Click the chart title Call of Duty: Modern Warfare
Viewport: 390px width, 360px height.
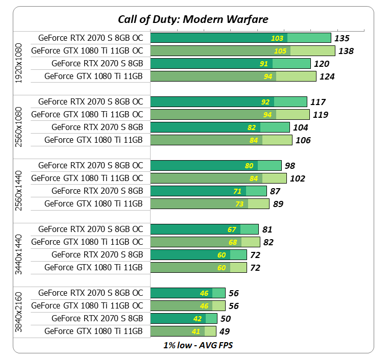coord(193,19)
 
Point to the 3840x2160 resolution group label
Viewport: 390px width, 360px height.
coord(19,312)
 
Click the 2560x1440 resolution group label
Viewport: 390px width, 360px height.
coord(19,185)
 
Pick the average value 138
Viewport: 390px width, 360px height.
coord(346,51)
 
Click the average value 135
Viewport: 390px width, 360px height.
coord(342,38)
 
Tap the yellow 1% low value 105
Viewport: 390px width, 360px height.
coord(280,51)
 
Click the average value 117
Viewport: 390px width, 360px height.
coord(318,102)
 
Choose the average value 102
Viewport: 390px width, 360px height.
coord(297,178)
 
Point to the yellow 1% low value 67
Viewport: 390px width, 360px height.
coord(232,229)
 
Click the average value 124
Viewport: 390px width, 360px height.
coord(327,76)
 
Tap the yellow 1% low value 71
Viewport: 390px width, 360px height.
coord(238,191)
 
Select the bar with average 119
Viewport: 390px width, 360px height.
coord(230,114)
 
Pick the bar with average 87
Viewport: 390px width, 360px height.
coord(208,191)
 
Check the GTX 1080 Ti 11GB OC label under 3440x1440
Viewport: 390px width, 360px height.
coord(87,242)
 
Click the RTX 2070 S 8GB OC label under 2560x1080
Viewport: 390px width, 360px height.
coord(91,101)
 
